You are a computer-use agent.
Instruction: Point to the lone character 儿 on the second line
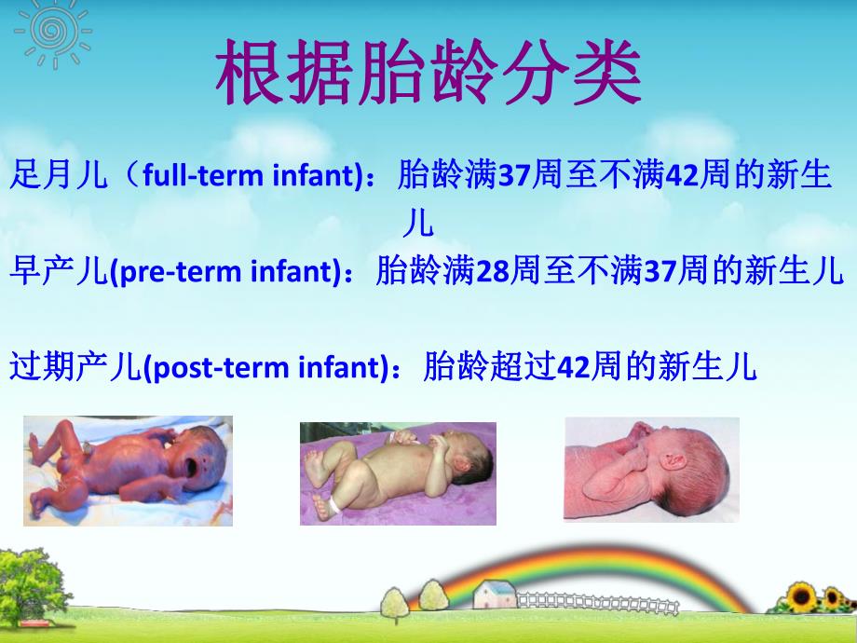417,224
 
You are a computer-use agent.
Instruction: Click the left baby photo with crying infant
128,471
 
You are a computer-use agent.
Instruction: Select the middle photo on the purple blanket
398,473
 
